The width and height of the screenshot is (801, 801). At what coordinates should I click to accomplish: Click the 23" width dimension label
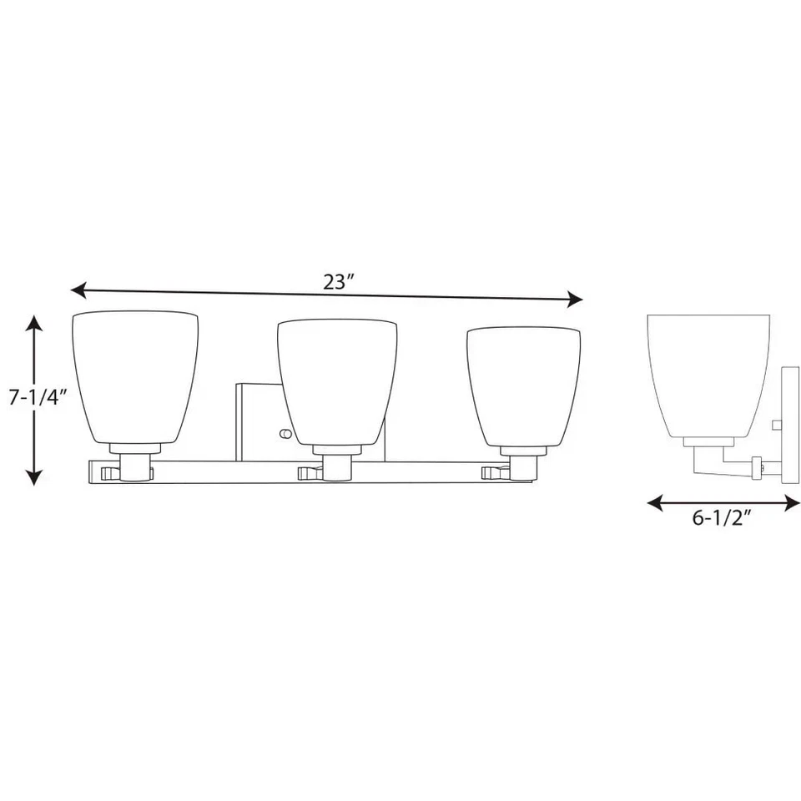(x=340, y=281)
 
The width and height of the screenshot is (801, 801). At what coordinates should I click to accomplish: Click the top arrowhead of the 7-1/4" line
(x=33, y=321)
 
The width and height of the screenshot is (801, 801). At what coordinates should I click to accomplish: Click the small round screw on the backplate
(x=285, y=434)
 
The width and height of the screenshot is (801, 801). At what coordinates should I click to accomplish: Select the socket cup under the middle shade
(x=335, y=467)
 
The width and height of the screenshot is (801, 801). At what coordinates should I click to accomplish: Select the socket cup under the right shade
(x=523, y=467)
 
